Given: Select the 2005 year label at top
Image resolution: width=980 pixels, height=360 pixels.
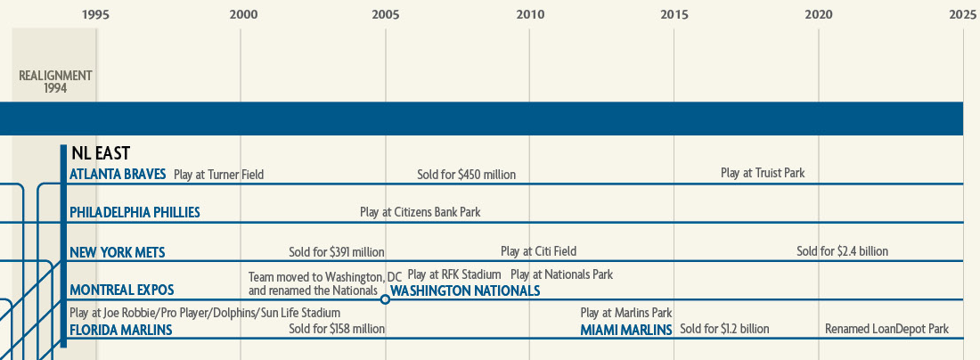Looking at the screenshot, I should (385, 14).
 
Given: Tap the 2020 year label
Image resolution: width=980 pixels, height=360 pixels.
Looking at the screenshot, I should (819, 14).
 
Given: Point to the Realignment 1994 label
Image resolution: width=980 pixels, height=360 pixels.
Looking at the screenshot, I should (56, 82).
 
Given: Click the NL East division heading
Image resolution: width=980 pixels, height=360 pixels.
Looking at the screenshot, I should (101, 153).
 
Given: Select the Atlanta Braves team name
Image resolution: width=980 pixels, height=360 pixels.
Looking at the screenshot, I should (118, 174).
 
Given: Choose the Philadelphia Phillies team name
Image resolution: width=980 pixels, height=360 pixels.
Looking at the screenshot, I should (135, 212).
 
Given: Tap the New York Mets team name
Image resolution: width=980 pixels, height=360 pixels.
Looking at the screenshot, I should (117, 252).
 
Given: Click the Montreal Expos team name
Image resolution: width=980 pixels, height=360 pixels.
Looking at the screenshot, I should (121, 290).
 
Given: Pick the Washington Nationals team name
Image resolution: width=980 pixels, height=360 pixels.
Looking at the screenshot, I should (465, 290).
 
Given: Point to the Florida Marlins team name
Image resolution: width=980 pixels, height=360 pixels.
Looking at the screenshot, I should (120, 330).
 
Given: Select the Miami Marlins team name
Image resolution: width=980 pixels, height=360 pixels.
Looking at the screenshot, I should (626, 330).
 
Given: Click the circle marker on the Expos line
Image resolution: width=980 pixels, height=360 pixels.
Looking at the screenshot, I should (385, 299).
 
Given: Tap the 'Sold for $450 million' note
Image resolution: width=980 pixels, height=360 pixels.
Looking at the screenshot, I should (466, 175).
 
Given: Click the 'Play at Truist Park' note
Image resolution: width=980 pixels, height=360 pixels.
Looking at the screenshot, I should (763, 173).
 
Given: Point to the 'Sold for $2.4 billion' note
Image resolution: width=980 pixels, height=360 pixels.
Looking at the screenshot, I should (842, 251).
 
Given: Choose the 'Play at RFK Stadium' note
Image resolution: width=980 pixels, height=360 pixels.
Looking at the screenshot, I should (454, 274).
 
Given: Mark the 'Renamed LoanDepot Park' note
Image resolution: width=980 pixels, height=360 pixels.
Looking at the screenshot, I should (886, 329).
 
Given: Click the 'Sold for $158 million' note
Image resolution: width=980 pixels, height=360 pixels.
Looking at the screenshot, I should (337, 329).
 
